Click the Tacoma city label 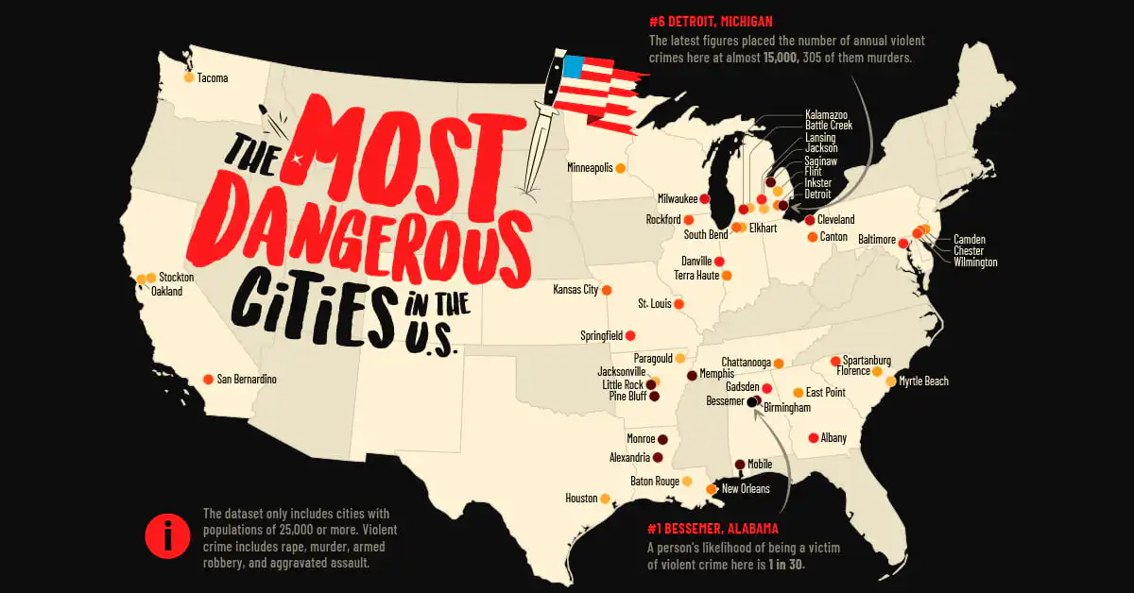[x=213, y=77]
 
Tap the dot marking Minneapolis [x=621, y=169]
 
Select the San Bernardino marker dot [x=208, y=380]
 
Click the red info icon [x=167, y=538]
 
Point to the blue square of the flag [x=573, y=67]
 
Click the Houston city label [x=581, y=498]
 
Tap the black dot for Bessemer [x=752, y=401]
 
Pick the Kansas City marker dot [x=607, y=290]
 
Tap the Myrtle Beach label [x=923, y=381]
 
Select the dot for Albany [x=813, y=437]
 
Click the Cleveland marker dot [x=810, y=220]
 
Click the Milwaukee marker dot [x=704, y=199]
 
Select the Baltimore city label [x=876, y=240]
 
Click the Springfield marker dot [x=630, y=335]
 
